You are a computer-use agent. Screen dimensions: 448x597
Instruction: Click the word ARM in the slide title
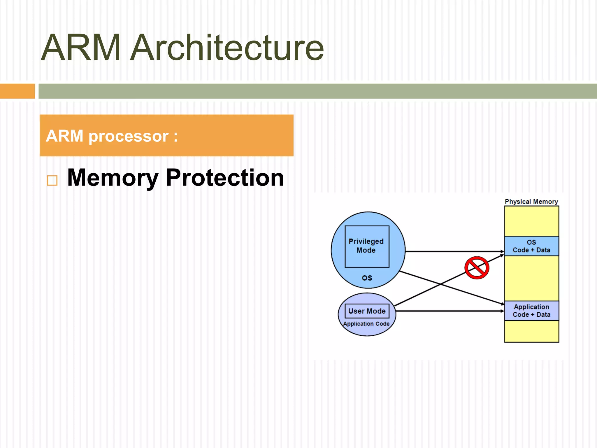81,48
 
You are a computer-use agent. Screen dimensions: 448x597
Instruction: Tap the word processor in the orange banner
128,136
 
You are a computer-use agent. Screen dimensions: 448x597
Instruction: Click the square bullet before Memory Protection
52,181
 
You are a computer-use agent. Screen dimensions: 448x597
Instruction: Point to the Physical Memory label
531,202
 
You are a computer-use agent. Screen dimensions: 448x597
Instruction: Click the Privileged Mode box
367,246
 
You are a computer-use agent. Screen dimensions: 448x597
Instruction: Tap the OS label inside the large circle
367,278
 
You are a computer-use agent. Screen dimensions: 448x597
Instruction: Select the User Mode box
367,311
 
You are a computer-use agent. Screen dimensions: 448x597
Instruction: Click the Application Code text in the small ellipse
366,324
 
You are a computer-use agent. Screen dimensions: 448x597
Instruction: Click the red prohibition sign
477,268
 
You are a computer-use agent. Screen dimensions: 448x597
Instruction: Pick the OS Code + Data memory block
531,246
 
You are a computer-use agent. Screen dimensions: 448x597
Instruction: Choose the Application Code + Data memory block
531,311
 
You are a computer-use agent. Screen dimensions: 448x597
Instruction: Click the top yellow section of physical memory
531,221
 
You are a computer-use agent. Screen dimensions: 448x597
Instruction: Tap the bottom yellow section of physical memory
531,331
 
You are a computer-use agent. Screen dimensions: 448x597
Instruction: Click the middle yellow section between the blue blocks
531,278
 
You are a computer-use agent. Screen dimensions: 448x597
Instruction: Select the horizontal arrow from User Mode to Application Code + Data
449,311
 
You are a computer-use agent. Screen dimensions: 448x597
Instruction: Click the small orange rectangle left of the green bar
17,91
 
